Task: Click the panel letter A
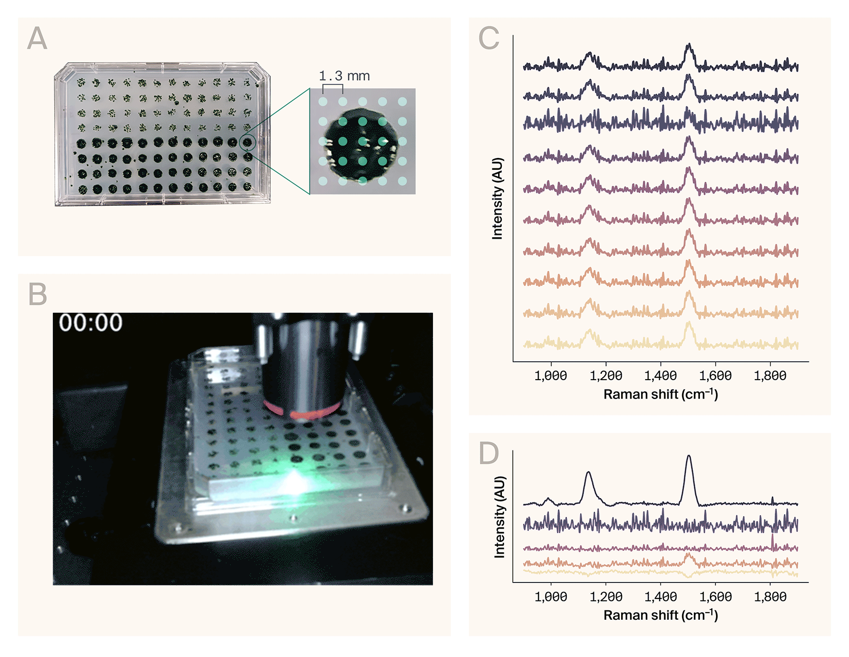(x=37, y=38)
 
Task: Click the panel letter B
(x=37, y=294)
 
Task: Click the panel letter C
(x=488, y=38)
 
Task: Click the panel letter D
(x=488, y=453)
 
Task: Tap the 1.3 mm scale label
(x=344, y=76)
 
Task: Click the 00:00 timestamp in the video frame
(x=91, y=323)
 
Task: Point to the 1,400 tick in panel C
(x=660, y=376)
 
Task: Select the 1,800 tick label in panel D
(x=770, y=597)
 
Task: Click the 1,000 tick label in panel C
(x=550, y=376)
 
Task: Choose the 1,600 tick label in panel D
(x=715, y=597)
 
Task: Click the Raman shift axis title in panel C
(x=660, y=394)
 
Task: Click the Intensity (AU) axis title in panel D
(x=499, y=517)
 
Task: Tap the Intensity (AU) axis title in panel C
(x=497, y=198)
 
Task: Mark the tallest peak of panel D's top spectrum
(x=689, y=457)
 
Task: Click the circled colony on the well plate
(x=248, y=142)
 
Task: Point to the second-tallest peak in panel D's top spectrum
(x=588, y=473)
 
